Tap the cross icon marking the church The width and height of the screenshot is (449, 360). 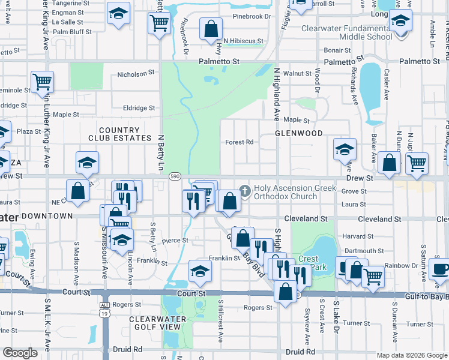click(x=244, y=191)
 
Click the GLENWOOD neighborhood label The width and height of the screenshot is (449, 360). click(x=299, y=133)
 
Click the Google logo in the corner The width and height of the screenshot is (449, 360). click(x=20, y=353)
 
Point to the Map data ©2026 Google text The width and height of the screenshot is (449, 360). click(x=411, y=355)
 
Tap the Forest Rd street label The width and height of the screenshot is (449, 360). click(x=240, y=143)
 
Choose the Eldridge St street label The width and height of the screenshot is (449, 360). click(x=139, y=108)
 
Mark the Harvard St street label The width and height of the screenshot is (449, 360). click(x=354, y=236)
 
